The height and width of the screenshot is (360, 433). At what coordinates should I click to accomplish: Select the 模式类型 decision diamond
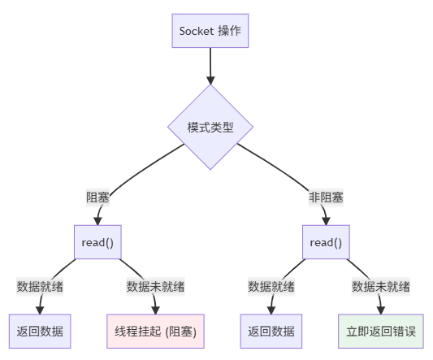(x=210, y=128)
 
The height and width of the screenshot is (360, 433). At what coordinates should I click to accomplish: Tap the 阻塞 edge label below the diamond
(x=98, y=197)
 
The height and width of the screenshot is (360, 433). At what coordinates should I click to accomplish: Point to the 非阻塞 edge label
(x=325, y=197)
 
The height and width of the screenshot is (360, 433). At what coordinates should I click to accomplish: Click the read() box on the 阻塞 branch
(x=97, y=242)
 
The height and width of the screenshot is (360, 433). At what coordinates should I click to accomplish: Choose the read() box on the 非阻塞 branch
(x=325, y=242)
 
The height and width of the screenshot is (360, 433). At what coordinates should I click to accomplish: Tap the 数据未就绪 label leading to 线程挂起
(x=155, y=286)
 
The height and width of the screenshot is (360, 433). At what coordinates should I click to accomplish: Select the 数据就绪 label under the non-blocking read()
(x=271, y=286)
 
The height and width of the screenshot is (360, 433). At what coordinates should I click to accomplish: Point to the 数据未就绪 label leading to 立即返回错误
(x=380, y=286)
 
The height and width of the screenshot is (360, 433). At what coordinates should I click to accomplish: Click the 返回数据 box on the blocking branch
(x=39, y=331)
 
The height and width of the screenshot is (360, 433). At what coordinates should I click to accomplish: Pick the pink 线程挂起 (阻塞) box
(x=155, y=331)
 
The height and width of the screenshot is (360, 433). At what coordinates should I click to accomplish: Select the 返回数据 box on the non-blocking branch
(x=271, y=331)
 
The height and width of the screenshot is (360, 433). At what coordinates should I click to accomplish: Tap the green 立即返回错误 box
(x=380, y=331)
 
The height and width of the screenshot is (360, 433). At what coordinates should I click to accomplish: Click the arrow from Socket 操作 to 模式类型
(x=210, y=65)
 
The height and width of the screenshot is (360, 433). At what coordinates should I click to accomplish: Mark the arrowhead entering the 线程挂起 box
(x=155, y=309)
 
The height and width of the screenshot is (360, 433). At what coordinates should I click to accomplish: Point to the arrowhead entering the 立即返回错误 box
(x=380, y=309)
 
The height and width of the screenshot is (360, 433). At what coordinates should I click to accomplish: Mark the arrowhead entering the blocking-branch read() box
(x=98, y=220)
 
